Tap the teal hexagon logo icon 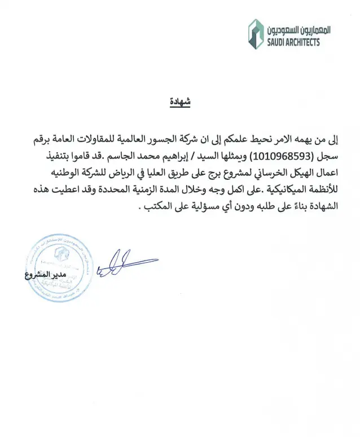[257, 34]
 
